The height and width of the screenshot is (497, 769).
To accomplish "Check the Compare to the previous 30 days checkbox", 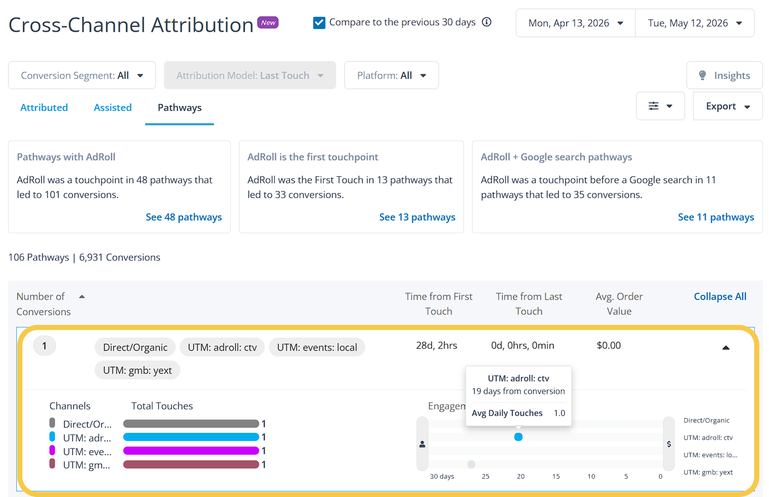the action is (x=319, y=23).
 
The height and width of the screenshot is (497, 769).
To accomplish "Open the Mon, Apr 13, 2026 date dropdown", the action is (x=575, y=23).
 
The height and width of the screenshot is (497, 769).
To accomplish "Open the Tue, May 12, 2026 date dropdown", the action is (x=695, y=23).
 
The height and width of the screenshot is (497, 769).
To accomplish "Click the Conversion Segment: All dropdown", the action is (x=82, y=75).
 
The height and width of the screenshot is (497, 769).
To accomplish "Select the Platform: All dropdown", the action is (x=391, y=75).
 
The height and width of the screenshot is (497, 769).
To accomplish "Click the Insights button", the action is (x=724, y=75).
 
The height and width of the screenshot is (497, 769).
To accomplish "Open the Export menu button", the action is (x=728, y=106).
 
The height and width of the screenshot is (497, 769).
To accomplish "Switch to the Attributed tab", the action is (x=44, y=107).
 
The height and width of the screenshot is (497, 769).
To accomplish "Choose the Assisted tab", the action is (x=113, y=107).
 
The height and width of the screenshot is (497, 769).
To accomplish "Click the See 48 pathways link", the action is (x=184, y=217).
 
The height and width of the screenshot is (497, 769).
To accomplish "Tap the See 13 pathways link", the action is (x=417, y=217).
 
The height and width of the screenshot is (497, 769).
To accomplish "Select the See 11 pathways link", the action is (x=716, y=217).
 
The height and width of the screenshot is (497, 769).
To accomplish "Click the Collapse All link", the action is (x=720, y=296).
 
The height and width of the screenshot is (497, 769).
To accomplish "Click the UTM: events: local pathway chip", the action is (x=317, y=347).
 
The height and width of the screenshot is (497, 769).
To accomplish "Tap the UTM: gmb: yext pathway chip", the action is (x=138, y=370).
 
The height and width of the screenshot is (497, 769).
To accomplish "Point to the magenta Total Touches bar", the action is (x=191, y=451).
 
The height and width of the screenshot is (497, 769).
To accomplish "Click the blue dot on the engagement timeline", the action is (x=518, y=437).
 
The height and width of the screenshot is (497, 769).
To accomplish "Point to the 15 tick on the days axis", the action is (x=556, y=476).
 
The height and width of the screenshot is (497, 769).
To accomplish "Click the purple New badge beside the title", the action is (x=268, y=22).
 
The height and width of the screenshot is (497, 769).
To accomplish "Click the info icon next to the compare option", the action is (x=486, y=22).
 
